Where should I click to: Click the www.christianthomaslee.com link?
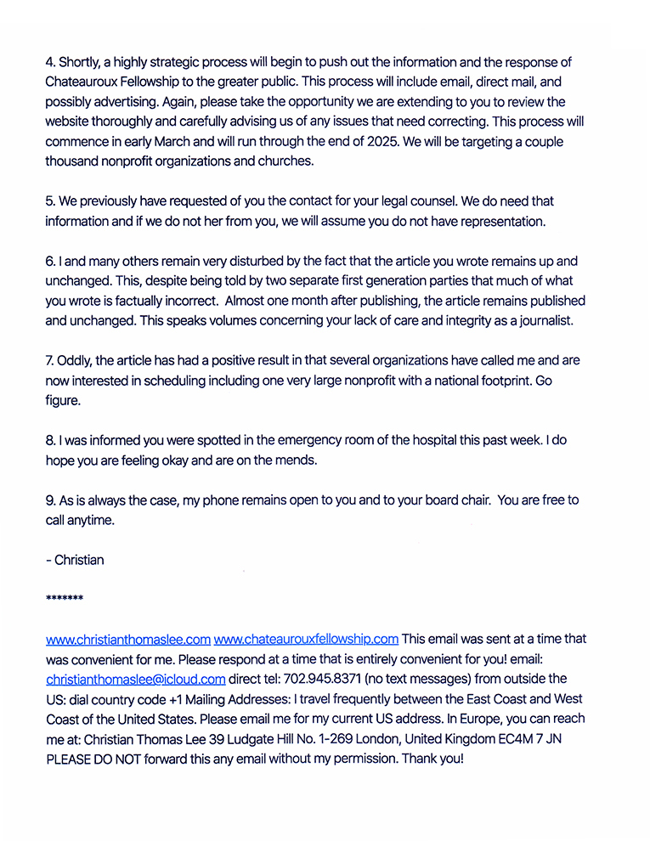[127, 639]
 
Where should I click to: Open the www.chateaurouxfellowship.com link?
[306, 639]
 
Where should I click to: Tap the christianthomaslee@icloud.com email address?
[136, 679]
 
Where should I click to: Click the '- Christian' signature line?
[75, 560]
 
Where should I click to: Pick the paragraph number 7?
[49, 360]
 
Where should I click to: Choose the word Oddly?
[75, 360]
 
